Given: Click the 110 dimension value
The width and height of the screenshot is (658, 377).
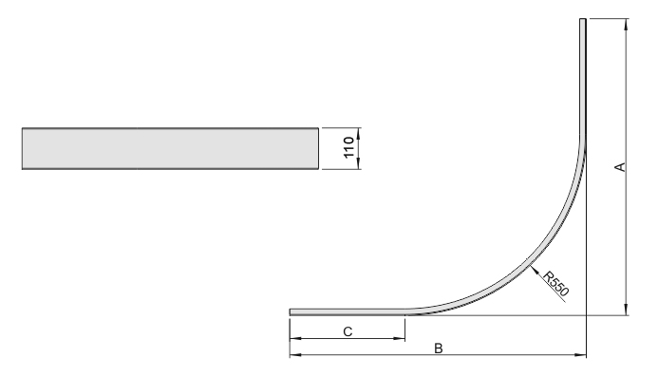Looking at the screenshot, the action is click(349, 148).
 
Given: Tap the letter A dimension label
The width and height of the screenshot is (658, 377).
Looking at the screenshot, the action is click(620, 167).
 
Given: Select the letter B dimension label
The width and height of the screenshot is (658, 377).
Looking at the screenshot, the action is click(438, 349).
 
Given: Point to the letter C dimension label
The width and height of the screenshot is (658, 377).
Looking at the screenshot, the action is click(348, 331).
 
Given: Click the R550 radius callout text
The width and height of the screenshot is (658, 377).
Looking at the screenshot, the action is click(556, 284).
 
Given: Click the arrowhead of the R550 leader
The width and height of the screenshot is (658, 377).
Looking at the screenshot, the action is click(533, 269).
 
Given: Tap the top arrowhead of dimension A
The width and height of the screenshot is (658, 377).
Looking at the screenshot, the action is click(626, 24).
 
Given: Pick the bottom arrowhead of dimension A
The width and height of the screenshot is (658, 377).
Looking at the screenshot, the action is click(626, 310).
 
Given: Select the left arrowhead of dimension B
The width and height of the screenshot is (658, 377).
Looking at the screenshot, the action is click(295, 355).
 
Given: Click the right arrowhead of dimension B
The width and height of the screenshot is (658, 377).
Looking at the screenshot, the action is click(580, 355).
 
